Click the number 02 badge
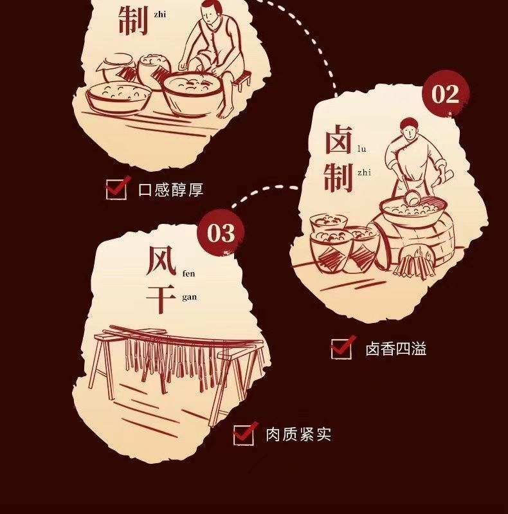tap(446, 94)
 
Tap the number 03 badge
tap(221, 234)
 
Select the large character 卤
tap(338, 140)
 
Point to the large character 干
tap(161, 297)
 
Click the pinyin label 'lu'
tap(361, 149)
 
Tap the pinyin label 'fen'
tap(188, 273)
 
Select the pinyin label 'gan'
tap(190, 297)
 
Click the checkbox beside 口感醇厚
tap(116, 188)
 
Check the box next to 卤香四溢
tap(342, 347)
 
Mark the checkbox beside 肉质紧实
tap(244, 434)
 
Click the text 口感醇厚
tap(171, 190)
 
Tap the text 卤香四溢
tap(396, 349)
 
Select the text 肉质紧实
tap(298, 435)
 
